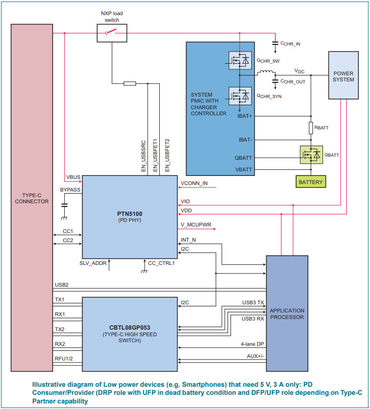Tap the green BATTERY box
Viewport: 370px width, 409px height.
pos(311,181)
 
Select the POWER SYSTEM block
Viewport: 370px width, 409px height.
pos(344,75)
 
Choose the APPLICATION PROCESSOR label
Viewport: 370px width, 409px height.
pos(287,314)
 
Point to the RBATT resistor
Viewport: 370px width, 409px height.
pos(311,128)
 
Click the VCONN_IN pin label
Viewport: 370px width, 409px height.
pos(194,184)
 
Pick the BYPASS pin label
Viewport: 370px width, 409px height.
pos(70,190)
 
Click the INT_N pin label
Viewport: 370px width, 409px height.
pos(189,240)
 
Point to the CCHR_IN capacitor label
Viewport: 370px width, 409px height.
pos(290,44)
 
